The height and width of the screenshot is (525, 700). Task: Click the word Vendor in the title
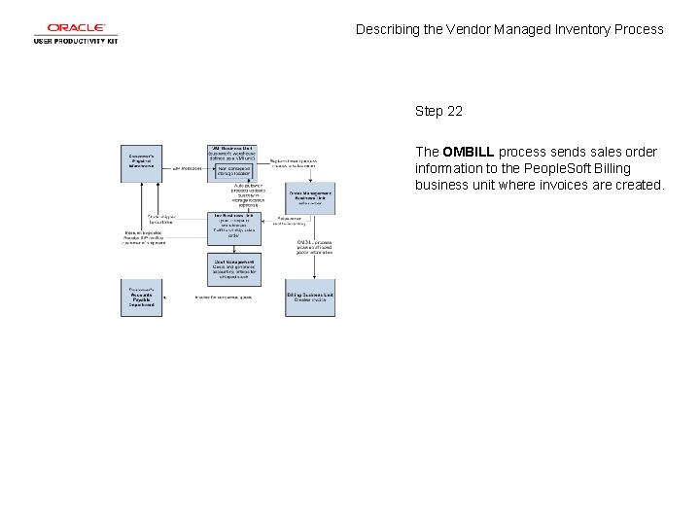(x=470, y=29)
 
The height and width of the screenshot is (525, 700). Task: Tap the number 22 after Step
(x=453, y=112)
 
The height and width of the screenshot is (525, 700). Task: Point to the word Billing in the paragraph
(x=607, y=169)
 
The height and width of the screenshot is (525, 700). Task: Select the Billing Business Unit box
(x=310, y=297)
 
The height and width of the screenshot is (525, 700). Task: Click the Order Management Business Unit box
(x=310, y=197)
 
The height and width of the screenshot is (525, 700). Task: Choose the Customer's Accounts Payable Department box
(x=141, y=298)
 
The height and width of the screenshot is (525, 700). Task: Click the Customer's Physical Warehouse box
(x=141, y=159)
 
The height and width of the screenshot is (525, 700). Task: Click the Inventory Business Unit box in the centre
(x=233, y=226)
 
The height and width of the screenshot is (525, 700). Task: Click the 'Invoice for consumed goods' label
(x=224, y=297)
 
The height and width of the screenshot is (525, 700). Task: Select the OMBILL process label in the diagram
(x=315, y=248)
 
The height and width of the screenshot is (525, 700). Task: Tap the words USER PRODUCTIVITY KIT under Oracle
(x=76, y=41)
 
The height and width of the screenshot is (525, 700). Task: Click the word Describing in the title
(x=388, y=29)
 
